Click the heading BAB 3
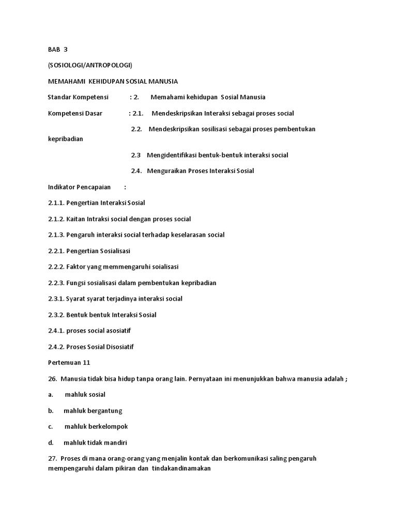[x=57, y=50]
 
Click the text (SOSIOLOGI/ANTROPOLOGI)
[x=90, y=66]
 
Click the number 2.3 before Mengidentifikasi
[x=136, y=155]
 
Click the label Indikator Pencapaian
[x=79, y=187]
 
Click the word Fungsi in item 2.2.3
[x=77, y=283]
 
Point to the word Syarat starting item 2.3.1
[x=77, y=299]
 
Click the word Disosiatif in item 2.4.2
[x=124, y=347]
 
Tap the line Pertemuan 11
[x=72, y=363]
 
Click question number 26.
[x=52, y=379]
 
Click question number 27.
[x=52, y=459]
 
